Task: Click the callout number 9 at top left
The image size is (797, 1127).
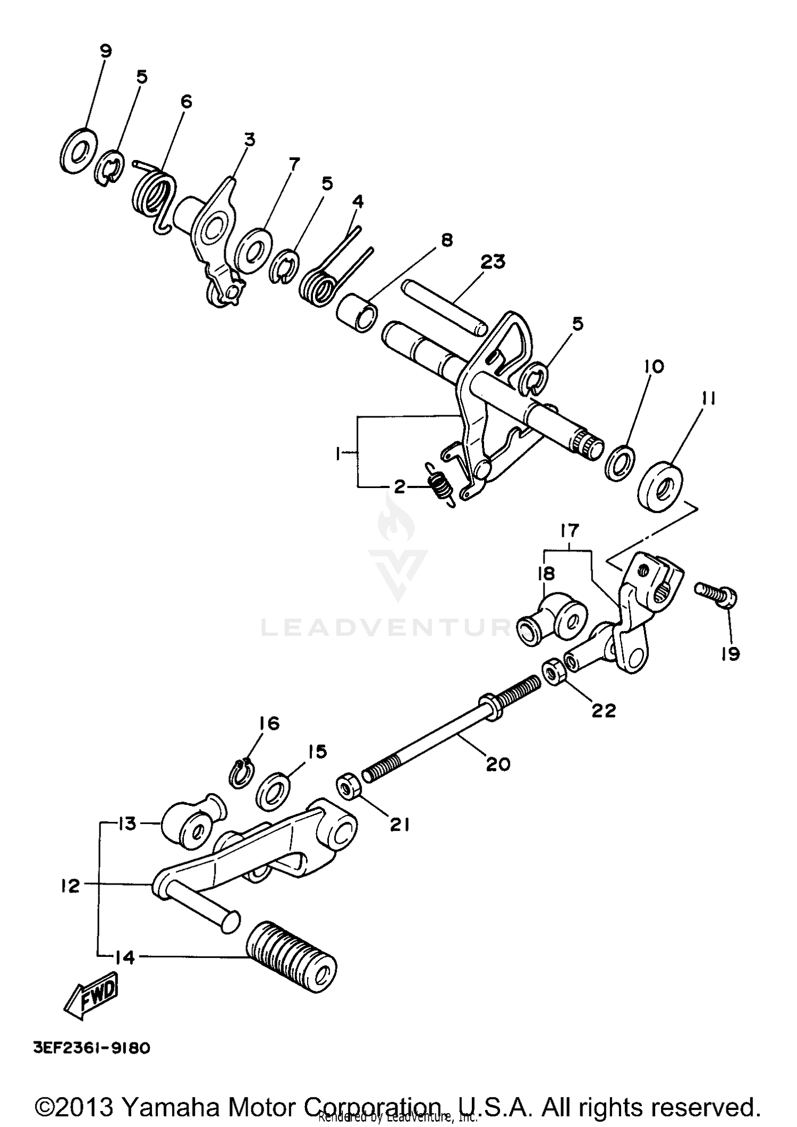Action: (106, 51)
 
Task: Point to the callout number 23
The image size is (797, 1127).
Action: (493, 262)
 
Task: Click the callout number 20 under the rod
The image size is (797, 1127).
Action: (498, 764)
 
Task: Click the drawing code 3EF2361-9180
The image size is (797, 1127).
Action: (92, 1048)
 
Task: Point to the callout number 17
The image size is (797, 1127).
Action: (569, 531)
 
